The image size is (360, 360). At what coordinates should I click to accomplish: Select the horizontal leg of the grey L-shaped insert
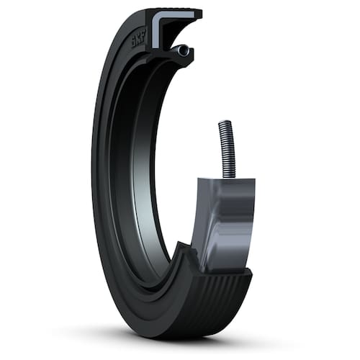pyautogui.click(x=178, y=15)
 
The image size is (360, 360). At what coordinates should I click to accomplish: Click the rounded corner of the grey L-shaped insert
pyautogui.click(x=156, y=17)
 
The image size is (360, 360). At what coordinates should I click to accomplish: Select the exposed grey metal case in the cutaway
pyautogui.click(x=225, y=221)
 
